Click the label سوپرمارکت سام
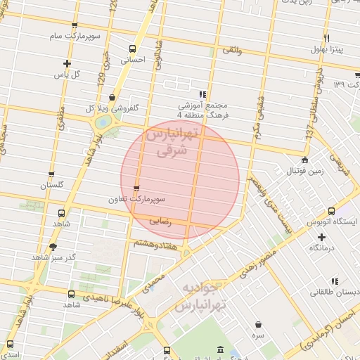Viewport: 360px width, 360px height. (x=75, y=35)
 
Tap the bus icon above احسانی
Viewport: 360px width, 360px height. (x=133, y=49)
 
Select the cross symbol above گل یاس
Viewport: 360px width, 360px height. (x=67, y=63)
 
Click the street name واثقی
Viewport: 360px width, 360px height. (x=231, y=51)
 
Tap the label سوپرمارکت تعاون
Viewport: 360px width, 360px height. (x=136, y=199)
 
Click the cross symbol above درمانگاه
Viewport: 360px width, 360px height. (x=321, y=238)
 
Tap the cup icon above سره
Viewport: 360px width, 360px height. (x=259, y=324)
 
